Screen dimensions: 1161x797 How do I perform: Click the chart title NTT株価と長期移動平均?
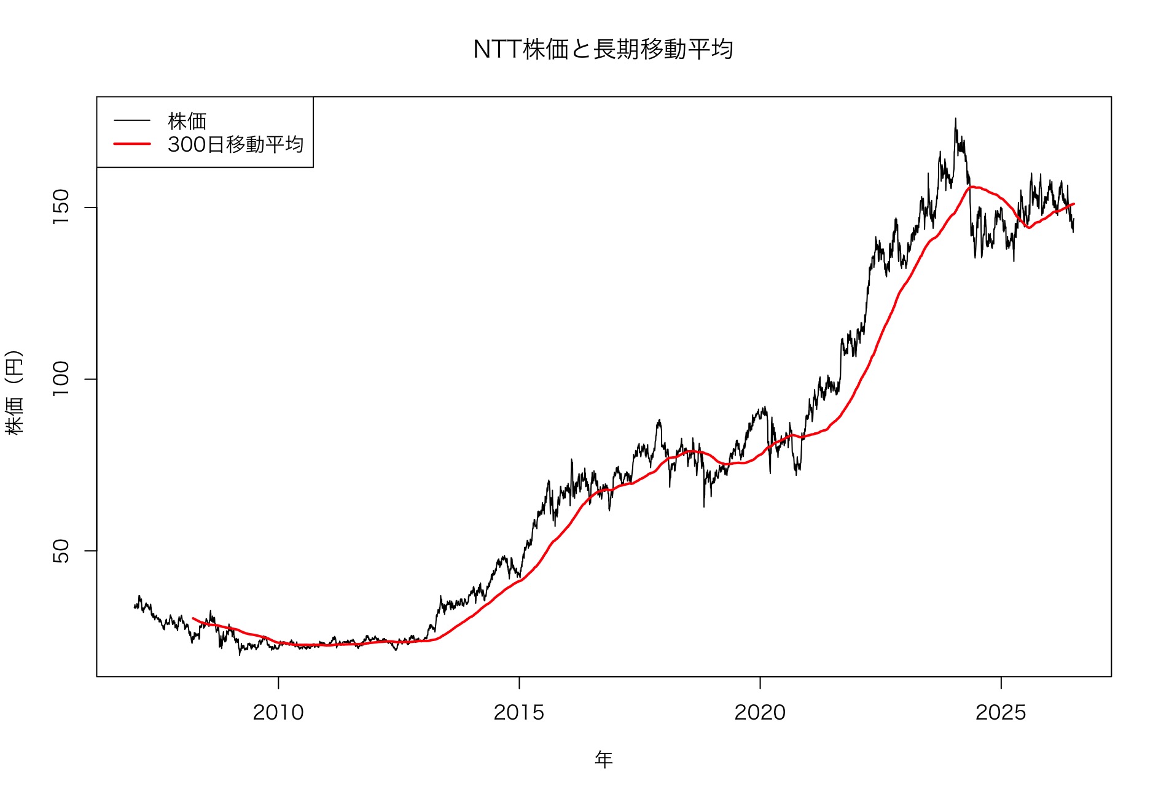pyautogui.click(x=603, y=49)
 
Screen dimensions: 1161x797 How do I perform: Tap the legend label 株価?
pyautogui.click(x=187, y=121)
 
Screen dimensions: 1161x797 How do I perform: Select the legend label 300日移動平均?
pyautogui.click(x=236, y=144)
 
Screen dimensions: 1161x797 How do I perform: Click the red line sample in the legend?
pyautogui.click(x=132, y=144)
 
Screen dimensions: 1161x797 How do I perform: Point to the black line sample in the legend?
pyautogui.click(x=132, y=121)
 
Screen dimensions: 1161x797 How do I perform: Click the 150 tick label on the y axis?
pyautogui.click(x=61, y=207)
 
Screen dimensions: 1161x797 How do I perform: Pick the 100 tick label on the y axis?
pyautogui.click(x=61, y=379)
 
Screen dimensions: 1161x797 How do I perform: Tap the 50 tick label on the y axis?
pyautogui.click(x=61, y=551)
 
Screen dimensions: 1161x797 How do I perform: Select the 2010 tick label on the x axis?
pyautogui.click(x=278, y=712)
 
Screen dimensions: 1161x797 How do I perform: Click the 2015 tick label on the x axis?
pyautogui.click(x=519, y=712)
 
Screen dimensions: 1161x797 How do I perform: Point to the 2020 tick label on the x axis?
pyautogui.click(x=760, y=712)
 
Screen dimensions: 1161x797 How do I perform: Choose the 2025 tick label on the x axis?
pyautogui.click(x=1001, y=712)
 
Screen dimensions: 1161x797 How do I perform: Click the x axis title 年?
pyautogui.click(x=604, y=760)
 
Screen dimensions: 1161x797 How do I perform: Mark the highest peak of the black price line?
pyautogui.click(x=955, y=119)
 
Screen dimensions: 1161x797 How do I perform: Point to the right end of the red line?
pyautogui.click(x=1074, y=204)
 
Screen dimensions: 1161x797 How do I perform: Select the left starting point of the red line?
pyautogui.click(x=193, y=618)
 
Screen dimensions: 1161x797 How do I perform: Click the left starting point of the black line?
pyautogui.click(x=135, y=607)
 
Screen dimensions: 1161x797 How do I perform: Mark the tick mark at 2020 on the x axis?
pyautogui.click(x=760, y=683)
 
